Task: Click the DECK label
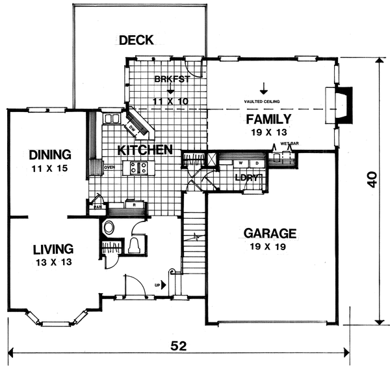point(136,40)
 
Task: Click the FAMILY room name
point(267,119)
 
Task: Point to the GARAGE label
point(270,233)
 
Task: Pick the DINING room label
point(49,155)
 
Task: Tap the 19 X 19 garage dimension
point(270,247)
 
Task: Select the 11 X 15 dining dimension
point(49,169)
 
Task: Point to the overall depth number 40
point(371,179)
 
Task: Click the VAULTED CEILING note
point(263,102)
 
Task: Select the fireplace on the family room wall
point(344,105)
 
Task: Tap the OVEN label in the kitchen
point(110,167)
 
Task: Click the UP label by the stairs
point(158,284)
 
